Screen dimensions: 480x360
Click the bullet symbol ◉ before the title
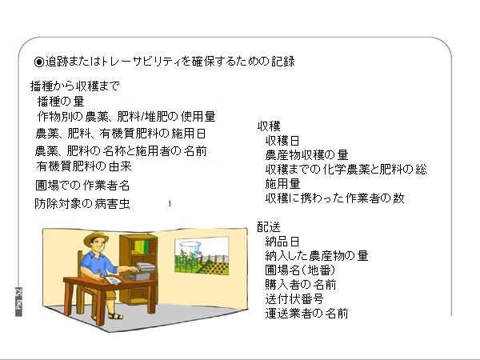(39, 62)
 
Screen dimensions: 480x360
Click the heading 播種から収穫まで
(74, 86)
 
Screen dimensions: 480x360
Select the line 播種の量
(61, 102)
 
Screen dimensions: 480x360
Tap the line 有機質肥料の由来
(84, 166)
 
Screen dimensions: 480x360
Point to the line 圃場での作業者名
(82, 186)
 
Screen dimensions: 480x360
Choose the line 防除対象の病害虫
(82, 203)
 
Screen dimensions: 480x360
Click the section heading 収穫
(269, 126)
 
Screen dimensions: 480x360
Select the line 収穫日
(282, 141)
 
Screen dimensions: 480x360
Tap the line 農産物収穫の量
(306, 155)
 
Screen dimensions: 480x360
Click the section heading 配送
(269, 227)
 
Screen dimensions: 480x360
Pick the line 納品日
(282, 242)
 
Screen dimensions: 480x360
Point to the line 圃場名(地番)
(300, 270)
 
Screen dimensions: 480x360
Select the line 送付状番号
(294, 298)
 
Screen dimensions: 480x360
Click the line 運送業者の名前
(306, 314)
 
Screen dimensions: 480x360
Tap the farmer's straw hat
(96, 238)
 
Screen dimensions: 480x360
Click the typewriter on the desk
(139, 274)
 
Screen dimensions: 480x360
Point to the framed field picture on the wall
(202, 256)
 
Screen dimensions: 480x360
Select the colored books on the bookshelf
(144, 247)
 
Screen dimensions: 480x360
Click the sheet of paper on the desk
(113, 280)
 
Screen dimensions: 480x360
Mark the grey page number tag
(18, 302)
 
